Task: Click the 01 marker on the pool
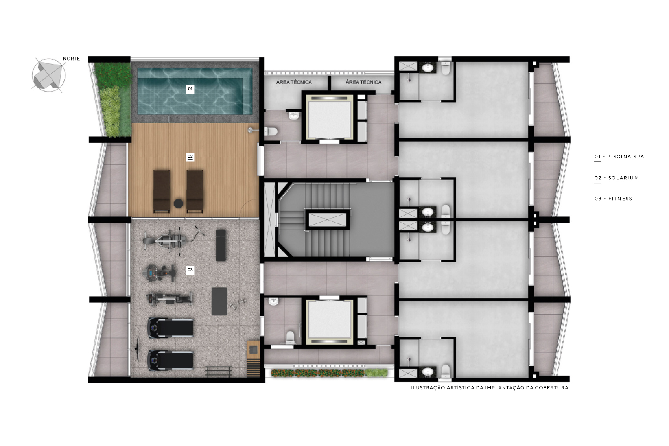pyautogui.click(x=190, y=89)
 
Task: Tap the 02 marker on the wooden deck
pyautogui.click(x=190, y=157)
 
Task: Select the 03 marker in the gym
pyautogui.click(x=190, y=270)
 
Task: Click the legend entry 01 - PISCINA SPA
pyautogui.click(x=619, y=157)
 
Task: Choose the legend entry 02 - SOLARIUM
pyautogui.click(x=616, y=178)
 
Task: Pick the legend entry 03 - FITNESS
pyautogui.click(x=613, y=199)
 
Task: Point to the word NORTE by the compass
pyautogui.click(x=71, y=59)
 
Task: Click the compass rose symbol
pyautogui.click(x=48, y=75)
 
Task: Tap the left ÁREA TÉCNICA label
pyautogui.click(x=294, y=82)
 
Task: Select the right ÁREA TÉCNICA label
pyautogui.click(x=363, y=82)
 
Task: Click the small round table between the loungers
pyautogui.click(x=178, y=204)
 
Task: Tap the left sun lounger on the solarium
pyautogui.click(x=162, y=192)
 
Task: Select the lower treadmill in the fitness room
pyautogui.click(x=170, y=361)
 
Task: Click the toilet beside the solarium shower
pyautogui.click(x=271, y=131)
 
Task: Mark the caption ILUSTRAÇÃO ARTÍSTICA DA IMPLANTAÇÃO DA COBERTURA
pyautogui.click(x=490, y=388)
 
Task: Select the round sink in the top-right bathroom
pyautogui.click(x=428, y=68)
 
